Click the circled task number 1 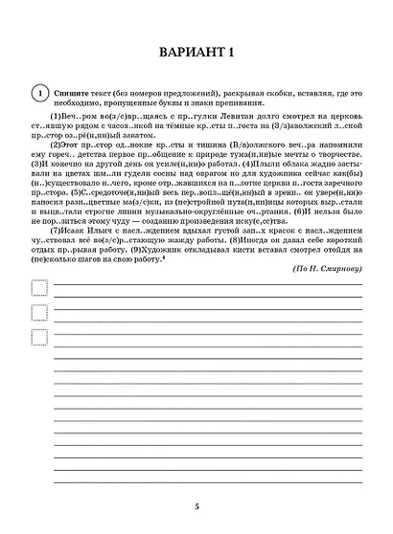point(37,92)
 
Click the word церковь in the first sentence point(341,114)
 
